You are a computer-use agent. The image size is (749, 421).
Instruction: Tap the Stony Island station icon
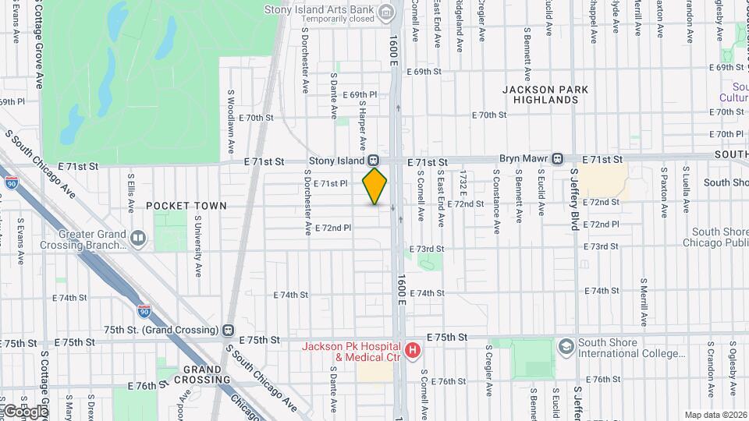coord(374,161)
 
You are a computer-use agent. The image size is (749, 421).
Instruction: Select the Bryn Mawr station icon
coord(558,159)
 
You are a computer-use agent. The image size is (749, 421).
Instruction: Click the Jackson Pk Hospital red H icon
coord(412,352)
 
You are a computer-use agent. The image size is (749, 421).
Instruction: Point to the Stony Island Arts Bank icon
coord(385,12)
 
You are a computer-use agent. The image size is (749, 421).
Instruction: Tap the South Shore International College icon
coord(566,345)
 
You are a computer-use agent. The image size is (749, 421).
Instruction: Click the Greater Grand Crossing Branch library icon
coord(138,238)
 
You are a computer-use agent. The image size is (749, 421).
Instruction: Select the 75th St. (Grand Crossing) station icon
coord(229,330)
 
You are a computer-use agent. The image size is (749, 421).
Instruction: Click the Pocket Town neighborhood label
coord(186,206)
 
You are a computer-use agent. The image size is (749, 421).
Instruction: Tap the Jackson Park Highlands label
coord(545,94)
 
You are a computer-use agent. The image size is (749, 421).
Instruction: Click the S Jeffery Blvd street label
coord(574,200)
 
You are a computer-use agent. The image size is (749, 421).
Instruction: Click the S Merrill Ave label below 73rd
coord(644,302)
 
